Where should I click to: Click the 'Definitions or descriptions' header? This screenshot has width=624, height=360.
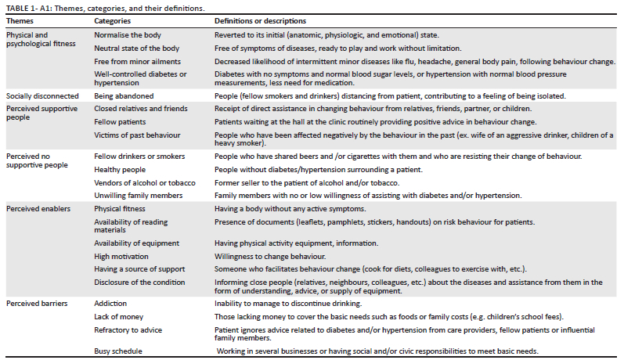[x=260, y=21]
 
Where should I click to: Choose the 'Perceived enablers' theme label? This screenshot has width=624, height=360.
[x=38, y=210]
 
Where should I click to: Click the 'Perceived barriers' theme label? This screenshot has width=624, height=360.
[x=36, y=303]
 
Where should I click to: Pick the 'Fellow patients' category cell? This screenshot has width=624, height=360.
[x=120, y=123]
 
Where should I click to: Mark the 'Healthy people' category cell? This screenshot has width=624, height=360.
[x=120, y=170]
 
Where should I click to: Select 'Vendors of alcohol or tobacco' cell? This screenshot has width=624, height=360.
[x=146, y=182]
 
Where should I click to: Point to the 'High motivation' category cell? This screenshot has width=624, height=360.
[x=121, y=256]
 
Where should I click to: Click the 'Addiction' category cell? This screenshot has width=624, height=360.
[x=110, y=303]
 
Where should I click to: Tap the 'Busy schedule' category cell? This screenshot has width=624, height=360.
[x=118, y=352]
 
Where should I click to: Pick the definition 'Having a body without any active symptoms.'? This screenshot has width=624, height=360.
[x=290, y=210]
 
